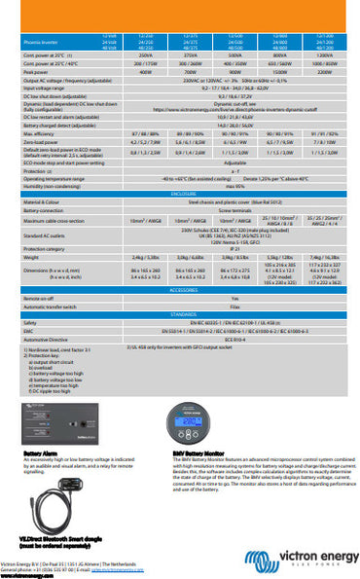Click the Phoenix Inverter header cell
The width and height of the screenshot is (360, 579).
pos(39,42)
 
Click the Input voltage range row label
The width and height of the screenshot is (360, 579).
pos(44,88)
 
